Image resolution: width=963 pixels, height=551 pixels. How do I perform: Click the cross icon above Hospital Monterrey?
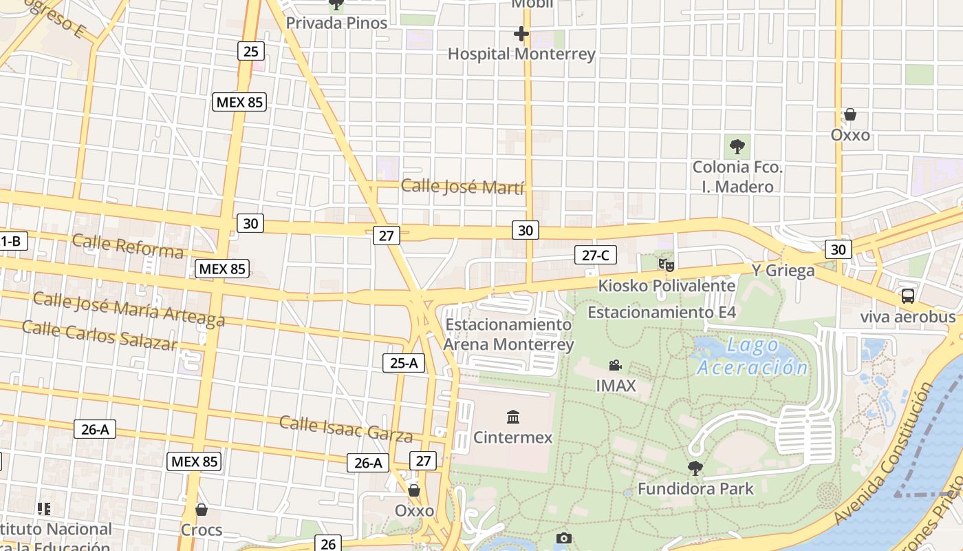point(521,33)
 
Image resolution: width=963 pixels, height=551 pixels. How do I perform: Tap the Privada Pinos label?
point(336,23)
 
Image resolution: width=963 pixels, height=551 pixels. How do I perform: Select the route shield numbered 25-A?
point(404,363)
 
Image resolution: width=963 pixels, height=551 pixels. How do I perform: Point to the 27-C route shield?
point(596,256)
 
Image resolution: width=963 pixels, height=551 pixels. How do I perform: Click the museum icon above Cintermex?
point(513,417)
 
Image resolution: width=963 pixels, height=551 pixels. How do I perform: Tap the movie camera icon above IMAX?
point(616,365)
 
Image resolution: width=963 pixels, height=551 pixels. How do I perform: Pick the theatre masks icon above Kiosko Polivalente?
point(666,264)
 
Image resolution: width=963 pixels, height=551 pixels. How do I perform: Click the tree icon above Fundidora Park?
point(695,468)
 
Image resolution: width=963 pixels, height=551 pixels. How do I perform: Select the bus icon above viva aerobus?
point(908,296)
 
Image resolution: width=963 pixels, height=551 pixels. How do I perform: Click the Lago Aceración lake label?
point(752,357)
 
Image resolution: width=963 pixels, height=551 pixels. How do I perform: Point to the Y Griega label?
point(783,270)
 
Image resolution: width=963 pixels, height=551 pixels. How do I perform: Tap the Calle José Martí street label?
point(462,187)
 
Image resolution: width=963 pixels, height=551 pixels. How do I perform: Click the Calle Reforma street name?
point(127,245)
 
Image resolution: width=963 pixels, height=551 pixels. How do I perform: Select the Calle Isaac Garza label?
point(345,428)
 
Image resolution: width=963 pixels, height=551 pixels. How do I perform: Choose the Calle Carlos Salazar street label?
point(99,335)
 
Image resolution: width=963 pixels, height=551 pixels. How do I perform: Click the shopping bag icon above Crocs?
point(202,510)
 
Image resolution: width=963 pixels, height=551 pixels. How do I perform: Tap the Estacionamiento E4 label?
point(661,312)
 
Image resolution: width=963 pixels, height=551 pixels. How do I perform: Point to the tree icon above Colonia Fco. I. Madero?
point(737,146)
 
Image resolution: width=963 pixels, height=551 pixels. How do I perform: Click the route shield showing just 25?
point(251,50)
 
